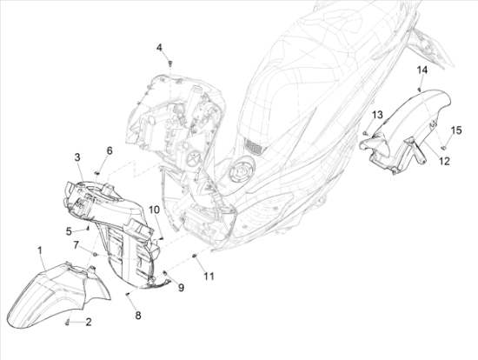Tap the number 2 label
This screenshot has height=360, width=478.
(89, 322)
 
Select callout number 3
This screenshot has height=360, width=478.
(77, 157)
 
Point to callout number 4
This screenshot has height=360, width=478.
(159, 48)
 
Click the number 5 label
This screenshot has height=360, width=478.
(69, 231)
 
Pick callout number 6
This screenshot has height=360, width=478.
(110, 150)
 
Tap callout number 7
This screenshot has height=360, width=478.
(76, 244)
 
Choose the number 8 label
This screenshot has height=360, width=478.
(138, 316)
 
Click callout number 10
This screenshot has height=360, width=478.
(154, 210)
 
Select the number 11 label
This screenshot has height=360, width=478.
(209, 277)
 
